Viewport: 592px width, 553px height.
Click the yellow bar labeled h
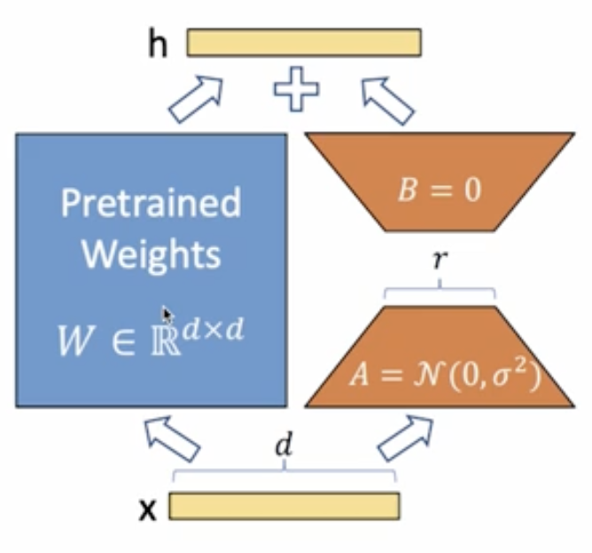pos(304,43)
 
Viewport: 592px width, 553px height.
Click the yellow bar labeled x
pos(284,505)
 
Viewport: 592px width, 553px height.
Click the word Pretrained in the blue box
pos(151,203)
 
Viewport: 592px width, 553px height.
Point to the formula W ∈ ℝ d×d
pos(151,337)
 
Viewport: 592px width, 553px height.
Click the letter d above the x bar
pos(283,447)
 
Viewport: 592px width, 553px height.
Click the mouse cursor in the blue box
pos(167,315)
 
